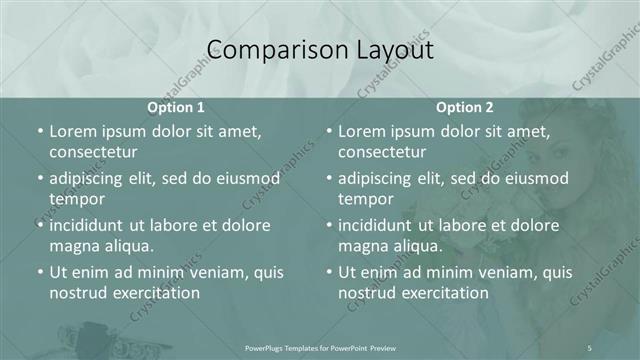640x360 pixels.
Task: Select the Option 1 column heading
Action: (176, 107)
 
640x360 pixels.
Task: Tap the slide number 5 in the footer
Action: (589, 347)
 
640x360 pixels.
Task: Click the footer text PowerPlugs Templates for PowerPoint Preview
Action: (319, 347)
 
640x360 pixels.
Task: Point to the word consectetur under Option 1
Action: (93, 152)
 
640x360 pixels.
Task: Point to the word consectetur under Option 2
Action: (382, 152)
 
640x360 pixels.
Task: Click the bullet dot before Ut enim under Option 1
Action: (39, 272)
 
